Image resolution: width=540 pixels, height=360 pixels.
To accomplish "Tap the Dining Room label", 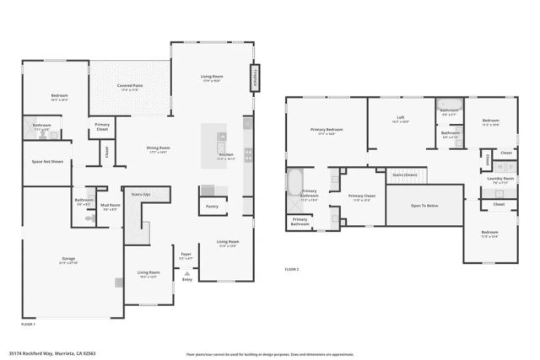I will (x=154, y=149).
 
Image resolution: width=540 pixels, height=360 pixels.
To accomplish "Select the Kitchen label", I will (x=225, y=156).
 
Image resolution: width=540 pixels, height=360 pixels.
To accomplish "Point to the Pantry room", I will (x=212, y=205).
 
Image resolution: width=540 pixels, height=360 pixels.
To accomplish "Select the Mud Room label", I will (x=110, y=206).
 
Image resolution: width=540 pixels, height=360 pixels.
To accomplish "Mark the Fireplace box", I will (x=253, y=78).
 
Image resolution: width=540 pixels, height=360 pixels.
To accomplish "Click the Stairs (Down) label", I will (x=406, y=175).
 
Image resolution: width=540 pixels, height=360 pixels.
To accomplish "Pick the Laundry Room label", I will (x=497, y=179).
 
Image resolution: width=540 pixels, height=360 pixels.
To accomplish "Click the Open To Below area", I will (x=424, y=205).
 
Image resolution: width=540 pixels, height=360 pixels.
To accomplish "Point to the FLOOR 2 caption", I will (x=292, y=269).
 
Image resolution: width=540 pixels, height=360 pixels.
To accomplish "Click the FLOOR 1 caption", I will (x=28, y=324).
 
